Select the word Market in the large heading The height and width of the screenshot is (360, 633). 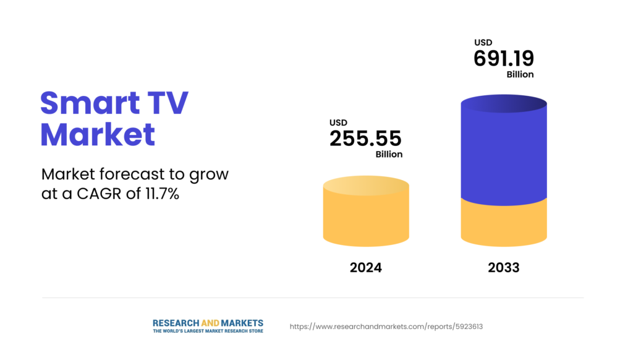point(98,134)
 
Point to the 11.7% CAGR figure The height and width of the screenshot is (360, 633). point(162,193)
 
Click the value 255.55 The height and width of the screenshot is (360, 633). point(365,139)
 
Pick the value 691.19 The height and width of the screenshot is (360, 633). point(504,59)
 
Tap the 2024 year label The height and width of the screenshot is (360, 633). point(366,268)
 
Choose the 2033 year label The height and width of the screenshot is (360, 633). point(503,268)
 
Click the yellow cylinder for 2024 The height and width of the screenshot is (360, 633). point(366,213)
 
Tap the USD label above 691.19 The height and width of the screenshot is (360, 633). point(483,43)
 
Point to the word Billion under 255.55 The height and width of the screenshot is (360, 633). point(389,154)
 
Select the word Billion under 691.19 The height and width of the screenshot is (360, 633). point(520,74)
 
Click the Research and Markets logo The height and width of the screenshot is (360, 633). point(208,323)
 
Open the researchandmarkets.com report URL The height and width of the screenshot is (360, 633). point(386,326)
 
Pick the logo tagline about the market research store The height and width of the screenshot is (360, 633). point(208,332)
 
